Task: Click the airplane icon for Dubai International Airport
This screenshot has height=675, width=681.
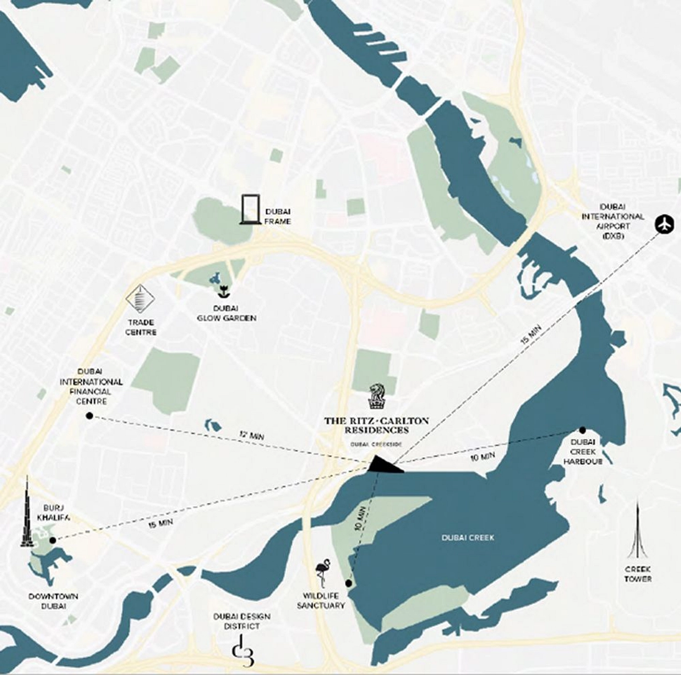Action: pyautogui.click(x=664, y=225)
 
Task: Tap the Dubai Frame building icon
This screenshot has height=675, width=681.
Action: pyautogui.click(x=250, y=210)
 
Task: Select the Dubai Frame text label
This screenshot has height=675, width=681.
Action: pyautogui.click(x=277, y=217)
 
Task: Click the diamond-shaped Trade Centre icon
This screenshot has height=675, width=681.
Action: pyautogui.click(x=140, y=299)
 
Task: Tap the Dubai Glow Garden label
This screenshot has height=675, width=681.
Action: pyautogui.click(x=226, y=313)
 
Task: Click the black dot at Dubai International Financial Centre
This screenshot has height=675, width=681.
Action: pyautogui.click(x=89, y=416)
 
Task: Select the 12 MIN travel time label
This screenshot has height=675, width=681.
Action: pyautogui.click(x=251, y=434)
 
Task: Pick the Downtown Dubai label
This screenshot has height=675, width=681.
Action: pyautogui.click(x=53, y=601)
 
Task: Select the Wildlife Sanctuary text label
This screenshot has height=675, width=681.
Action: pyautogui.click(x=321, y=601)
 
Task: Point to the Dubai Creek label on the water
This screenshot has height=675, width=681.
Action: pyautogui.click(x=468, y=538)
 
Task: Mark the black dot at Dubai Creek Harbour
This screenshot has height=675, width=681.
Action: pyautogui.click(x=582, y=430)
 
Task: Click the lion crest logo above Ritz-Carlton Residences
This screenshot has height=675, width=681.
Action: pyautogui.click(x=376, y=396)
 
